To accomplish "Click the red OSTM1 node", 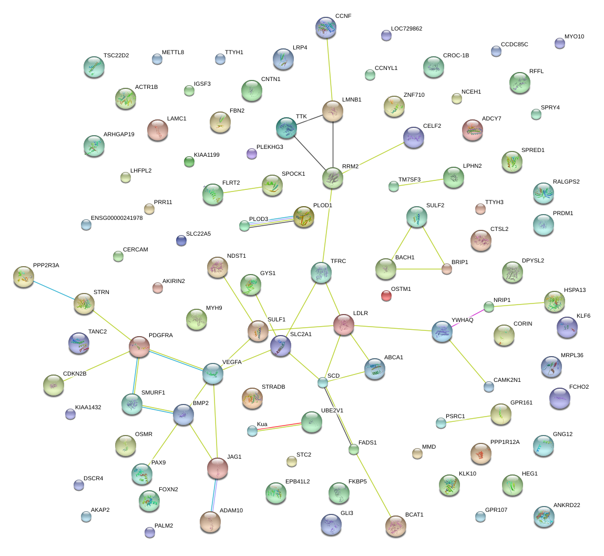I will click(x=386, y=295).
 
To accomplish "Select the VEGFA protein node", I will click(x=213, y=373).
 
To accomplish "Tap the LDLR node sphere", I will click(x=344, y=325).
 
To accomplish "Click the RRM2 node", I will click(x=333, y=178).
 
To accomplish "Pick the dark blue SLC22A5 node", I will click(x=181, y=240).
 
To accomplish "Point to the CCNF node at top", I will click(x=326, y=27).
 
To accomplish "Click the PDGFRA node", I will click(x=139, y=346).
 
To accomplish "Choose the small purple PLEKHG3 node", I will click(x=252, y=154).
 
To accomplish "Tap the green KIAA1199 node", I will click(x=189, y=161).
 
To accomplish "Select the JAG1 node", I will click(x=218, y=468).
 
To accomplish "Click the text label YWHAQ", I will click(x=462, y=320).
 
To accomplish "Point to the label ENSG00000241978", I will click(x=117, y=218).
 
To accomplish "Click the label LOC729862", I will click(x=406, y=28).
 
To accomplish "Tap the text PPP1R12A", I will click(x=505, y=442).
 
